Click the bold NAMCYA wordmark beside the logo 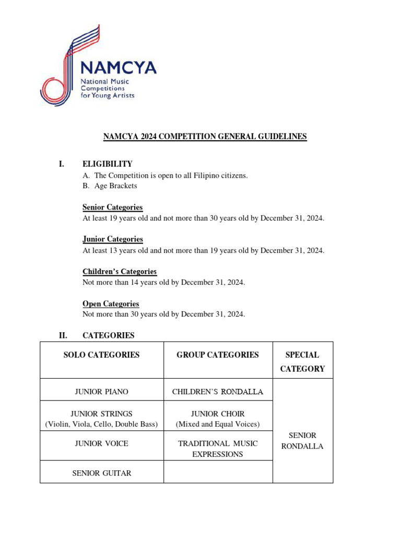[118, 68]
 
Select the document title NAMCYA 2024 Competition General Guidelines [205, 137]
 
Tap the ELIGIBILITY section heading [108, 164]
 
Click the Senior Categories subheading [112, 207]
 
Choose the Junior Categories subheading [112, 239]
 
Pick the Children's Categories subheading [120, 271]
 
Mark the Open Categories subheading [111, 304]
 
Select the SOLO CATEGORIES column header [102, 355]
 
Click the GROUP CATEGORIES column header [218, 355]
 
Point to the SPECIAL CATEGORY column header [302, 361]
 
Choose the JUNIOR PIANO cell [102, 391]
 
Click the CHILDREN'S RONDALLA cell [218, 391]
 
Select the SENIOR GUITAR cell [102, 473]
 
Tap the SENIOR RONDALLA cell [302, 441]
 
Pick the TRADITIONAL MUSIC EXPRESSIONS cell [218, 448]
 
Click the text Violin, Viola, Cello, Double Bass [102, 424]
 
